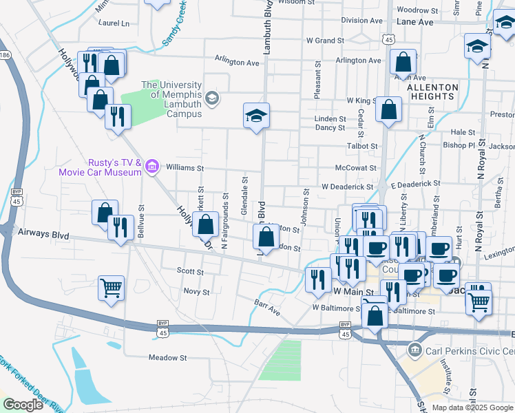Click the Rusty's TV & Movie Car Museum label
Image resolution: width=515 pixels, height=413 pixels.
pos(114,167)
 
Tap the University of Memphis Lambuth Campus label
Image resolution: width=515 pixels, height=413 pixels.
pos(172,94)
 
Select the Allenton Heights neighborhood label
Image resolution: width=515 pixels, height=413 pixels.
pos(432,92)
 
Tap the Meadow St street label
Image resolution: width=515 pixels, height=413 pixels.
pos(168,358)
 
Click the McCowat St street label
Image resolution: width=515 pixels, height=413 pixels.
pos(355,167)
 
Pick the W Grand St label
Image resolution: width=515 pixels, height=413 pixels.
pos(325,41)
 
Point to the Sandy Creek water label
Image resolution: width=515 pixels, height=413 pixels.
pos(174,23)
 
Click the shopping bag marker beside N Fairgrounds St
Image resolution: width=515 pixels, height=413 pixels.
pos(206,224)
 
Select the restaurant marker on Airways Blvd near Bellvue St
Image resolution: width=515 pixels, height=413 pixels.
pos(120,227)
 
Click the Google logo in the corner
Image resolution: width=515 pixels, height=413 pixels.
pos(23,404)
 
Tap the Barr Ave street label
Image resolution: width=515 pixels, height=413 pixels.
pos(267,307)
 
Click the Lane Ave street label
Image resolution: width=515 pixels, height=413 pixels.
pos(416,22)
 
